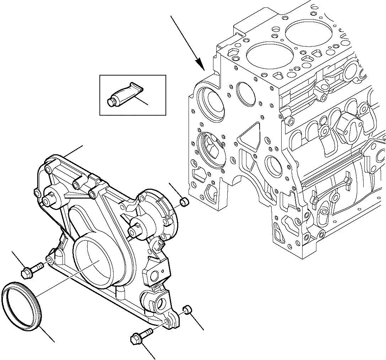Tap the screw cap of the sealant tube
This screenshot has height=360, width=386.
(x=110, y=102)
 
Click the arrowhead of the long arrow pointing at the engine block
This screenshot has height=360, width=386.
(x=201, y=66)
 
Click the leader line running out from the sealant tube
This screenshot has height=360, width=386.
(x=142, y=101)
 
